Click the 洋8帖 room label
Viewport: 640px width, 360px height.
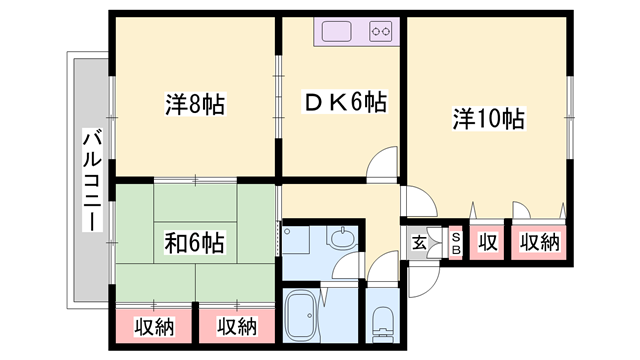(x=193, y=103)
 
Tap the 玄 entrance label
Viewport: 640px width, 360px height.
(x=419, y=242)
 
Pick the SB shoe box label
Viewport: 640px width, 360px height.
(x=455, y=242)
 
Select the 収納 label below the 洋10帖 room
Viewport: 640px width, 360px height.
(x=539, y=242)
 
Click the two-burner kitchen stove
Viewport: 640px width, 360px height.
(x=381, y=32)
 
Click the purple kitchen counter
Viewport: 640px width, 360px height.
(x=357, y=32)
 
